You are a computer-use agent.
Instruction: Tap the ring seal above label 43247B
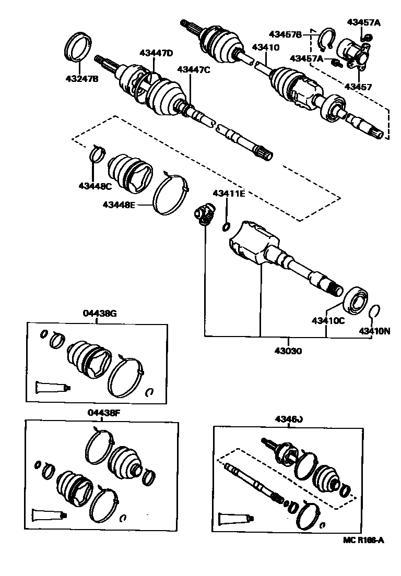click(80, 46)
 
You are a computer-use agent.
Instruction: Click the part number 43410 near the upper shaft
click(265, 47)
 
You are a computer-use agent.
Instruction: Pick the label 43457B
click(285, 34)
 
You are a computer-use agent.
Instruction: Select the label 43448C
click(95, 186)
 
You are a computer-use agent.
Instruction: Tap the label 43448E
click(119, 205)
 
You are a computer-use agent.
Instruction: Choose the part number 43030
click(287, 351)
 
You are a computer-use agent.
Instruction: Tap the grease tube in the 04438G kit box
click(52, 387)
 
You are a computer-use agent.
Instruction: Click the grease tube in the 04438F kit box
click(50, 514)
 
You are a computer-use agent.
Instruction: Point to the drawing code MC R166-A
click(363, 540)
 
